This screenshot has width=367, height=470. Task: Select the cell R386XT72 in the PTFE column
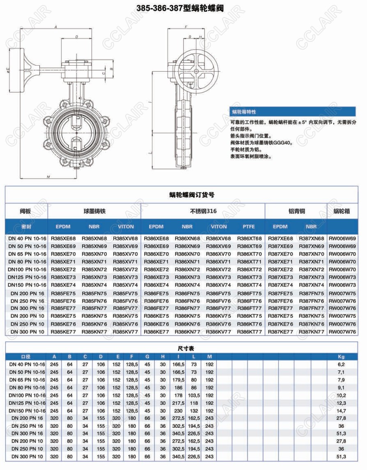click(249, 269)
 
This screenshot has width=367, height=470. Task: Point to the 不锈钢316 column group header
click(203, 211)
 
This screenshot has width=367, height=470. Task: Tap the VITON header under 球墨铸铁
click(126, 227)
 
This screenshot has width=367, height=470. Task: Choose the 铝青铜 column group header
click(296, 211)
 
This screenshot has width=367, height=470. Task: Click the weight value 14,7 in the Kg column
click(341, 411)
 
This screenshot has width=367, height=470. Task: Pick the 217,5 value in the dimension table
click(178, 403)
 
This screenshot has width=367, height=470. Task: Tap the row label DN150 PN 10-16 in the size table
click(27, 411)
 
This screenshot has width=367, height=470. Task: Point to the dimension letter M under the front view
click(48, 177)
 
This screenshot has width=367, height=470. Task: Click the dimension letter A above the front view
click(56, 27)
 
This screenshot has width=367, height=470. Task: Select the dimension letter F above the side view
click(186, 27)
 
